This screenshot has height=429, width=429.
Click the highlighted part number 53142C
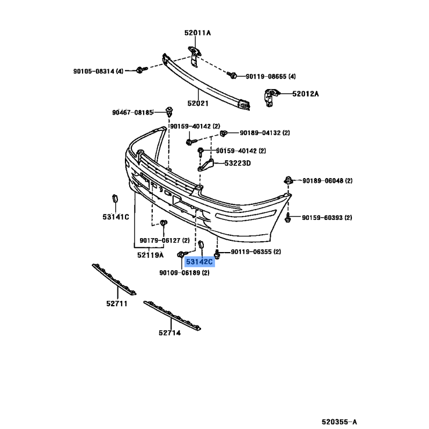[x=199, y=262]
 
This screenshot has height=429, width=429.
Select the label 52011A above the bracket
[x=197, y=33]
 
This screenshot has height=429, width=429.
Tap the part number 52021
[x=198, y=103]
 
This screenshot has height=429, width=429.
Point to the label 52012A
[x=306, y=94]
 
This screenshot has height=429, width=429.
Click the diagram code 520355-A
[x=339, y=421]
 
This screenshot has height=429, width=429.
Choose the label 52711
[x=117, y=304]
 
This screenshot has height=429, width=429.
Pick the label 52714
[x=169, y=332]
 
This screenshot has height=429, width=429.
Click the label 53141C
[x=116, y=217]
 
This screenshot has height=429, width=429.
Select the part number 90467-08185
[x=132, y=113]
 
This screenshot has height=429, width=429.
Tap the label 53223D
[x=238, y=164]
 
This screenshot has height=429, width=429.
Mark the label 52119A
[x=150, y=255]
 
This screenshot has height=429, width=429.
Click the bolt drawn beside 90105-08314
[x=142, y=70]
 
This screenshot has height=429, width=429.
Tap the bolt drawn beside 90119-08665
[x=232, y=75]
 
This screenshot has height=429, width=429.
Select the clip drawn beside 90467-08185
[x=169, y=112]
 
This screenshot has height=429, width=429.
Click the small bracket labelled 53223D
[x=206, y=165]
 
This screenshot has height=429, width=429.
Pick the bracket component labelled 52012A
[x=270, y=98]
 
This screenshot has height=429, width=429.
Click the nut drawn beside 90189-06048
[x=288, y=180]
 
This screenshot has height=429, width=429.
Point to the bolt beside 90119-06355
[x=217, y=254]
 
